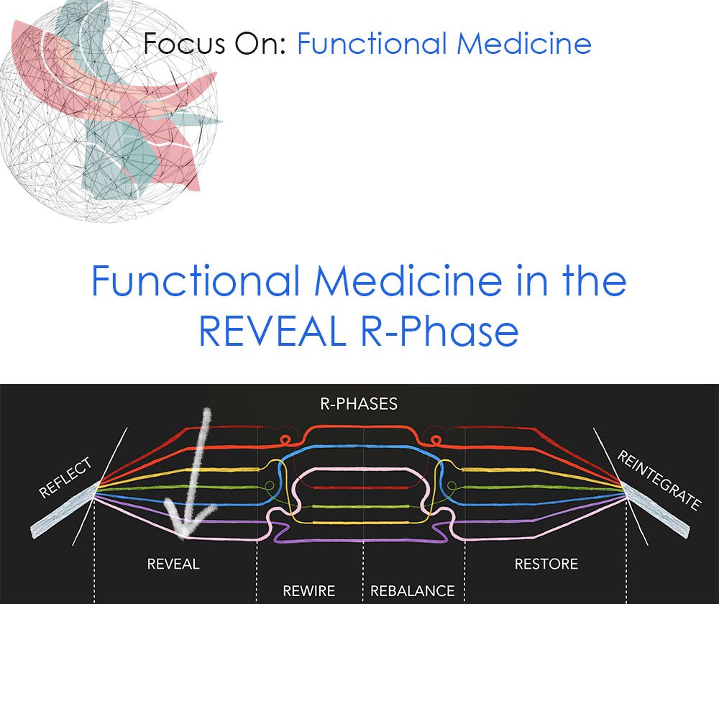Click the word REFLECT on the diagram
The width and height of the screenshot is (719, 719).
[66, 478]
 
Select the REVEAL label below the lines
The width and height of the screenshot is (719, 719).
[173, 564]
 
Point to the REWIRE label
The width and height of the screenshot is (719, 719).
[309, 591]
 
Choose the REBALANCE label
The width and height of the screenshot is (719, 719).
[413, 591]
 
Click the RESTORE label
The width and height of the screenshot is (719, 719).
[546, 564]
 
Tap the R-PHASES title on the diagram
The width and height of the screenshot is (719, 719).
[359, 403]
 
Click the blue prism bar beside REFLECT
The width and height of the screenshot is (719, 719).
[63, 510]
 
